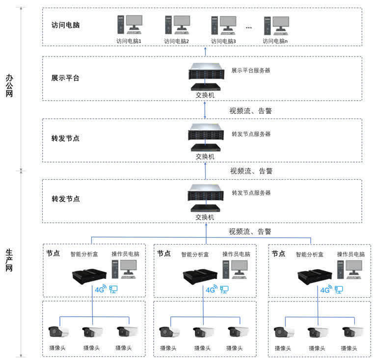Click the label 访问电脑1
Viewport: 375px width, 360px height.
[129, 41]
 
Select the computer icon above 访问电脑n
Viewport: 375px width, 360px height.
[276, 26]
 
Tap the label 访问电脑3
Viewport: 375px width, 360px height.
[223, 41]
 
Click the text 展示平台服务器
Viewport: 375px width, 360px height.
[251, 70]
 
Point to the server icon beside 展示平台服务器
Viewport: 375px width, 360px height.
[206, 71]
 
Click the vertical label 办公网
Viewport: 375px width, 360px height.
[9, 85]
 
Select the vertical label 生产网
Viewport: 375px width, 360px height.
[9, 260]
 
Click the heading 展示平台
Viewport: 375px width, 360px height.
[65, 78]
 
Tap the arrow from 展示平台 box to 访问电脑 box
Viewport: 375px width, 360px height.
[205, 52]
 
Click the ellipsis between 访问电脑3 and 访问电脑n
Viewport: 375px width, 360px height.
[249, 28]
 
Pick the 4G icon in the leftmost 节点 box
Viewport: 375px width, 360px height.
[101, 289]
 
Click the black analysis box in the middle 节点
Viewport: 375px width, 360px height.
[200, 277]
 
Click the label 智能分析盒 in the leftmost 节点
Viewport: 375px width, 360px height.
[84, 254]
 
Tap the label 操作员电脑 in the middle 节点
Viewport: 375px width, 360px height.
[236, 254]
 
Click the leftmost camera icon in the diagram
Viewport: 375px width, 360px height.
[58, 332]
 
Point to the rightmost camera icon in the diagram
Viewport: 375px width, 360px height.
[352, 332]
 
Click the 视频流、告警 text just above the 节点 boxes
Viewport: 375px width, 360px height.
[250, 231]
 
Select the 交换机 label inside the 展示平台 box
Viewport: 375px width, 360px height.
[205, 95]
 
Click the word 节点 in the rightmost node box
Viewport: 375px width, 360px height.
[278, 253]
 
